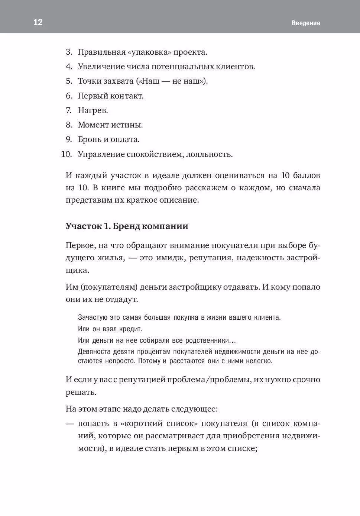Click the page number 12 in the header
(x=38, y=22)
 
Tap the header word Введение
(x=306, y=23)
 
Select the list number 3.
(x=69, y=52)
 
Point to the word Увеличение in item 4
(x=99, y=67)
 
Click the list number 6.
(x=69, y=96)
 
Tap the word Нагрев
(x=93, y=110)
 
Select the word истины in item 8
(x=131, y=125)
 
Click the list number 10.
(x=67, y=154)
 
